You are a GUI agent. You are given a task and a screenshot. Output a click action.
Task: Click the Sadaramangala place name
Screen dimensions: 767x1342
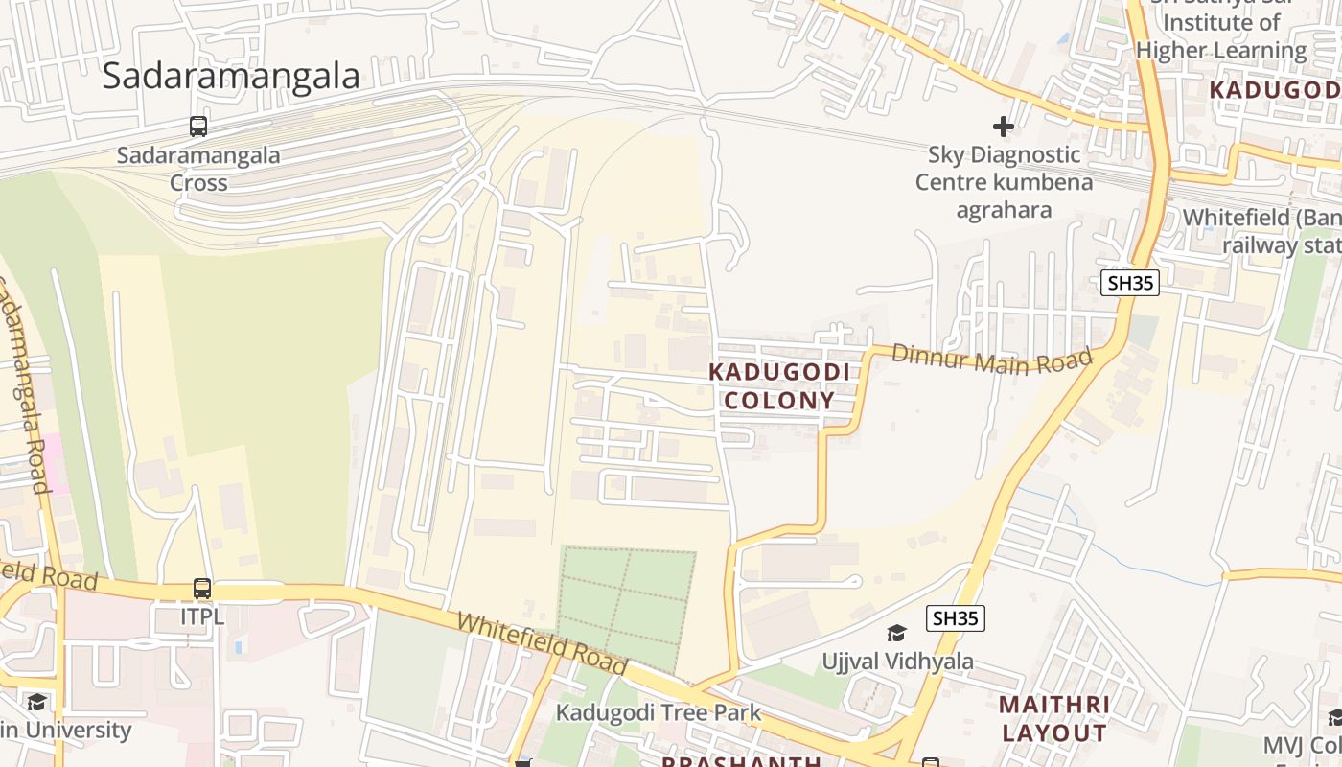tap(231, 76)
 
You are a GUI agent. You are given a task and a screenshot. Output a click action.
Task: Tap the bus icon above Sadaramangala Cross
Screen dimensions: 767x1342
tap(198, 127)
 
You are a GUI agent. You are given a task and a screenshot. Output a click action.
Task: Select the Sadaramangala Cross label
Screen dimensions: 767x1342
tap(198, 169)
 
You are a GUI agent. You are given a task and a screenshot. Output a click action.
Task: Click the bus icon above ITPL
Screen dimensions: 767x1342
tap(202, 589)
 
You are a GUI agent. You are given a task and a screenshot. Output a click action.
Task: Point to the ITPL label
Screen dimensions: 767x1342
tap(202, 616)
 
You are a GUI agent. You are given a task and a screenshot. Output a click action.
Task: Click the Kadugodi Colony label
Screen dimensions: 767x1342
tap(778, 386)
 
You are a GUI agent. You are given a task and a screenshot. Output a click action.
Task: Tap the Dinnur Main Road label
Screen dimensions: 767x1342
tap(991, 360)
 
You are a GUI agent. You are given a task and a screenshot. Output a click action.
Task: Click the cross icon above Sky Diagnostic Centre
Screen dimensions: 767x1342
tap(1004, 127)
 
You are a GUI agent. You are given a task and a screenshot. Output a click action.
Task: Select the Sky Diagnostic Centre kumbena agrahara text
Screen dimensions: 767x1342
tap(1004, 182)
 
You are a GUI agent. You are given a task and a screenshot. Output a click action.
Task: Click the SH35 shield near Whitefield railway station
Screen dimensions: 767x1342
tap(1131, 283)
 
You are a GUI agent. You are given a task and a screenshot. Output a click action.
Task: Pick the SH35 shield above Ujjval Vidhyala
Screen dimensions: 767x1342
tap(956, 618)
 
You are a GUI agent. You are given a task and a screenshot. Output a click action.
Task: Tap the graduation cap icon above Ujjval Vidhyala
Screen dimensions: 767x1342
tap(897, 634)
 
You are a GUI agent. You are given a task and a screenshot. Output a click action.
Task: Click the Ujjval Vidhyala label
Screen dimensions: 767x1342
tap(897, 662)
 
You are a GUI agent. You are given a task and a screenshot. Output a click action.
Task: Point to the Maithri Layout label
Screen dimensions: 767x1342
tap(1054, 719)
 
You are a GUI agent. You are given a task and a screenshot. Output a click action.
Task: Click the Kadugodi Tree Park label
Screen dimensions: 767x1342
tap(659, 712)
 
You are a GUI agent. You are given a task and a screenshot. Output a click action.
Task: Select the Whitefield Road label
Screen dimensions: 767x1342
tap(542, 643)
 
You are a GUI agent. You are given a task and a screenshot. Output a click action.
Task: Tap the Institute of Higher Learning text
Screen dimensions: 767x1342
tap(1221, 36)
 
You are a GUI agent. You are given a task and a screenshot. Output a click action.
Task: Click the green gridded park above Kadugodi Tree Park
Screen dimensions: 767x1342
tap(627, 606)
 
